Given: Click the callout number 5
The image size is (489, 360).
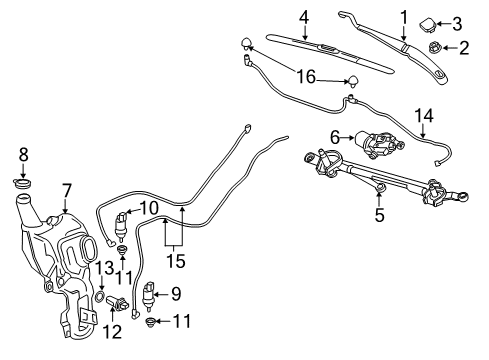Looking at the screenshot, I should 379,212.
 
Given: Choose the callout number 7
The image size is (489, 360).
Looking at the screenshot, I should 66,189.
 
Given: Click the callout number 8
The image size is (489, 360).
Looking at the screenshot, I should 25,154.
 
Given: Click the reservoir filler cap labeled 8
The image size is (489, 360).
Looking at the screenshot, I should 25,183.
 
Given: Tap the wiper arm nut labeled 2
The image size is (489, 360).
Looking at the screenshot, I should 435,47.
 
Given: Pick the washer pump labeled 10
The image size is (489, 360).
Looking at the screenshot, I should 122,225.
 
